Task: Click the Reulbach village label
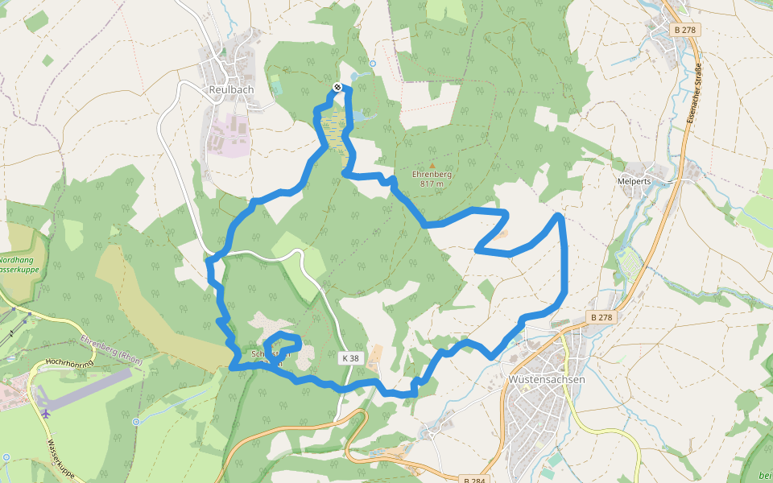pos(231,89)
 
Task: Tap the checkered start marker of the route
pos(337,87)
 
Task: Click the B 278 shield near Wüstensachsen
pos(602,317)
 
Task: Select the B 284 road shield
pos(474,479)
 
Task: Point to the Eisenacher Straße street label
pos(694,93)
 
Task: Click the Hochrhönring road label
pos(71,364)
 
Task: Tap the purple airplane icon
pos(44,414)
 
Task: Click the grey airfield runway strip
pos(85,388)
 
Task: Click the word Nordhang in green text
pos(16,260)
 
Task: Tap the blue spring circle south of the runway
pos(137,421)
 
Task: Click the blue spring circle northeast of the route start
pos(372,63)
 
